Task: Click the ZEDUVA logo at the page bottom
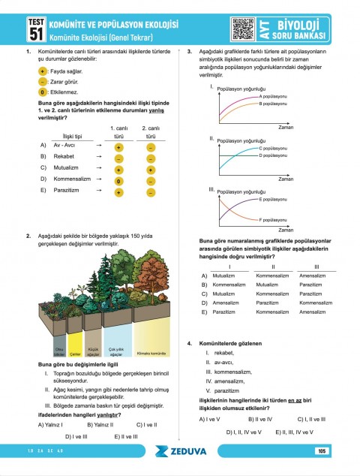tap(180, 452)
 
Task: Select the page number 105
tap(321, 451)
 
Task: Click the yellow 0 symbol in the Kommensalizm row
tap(119, 181)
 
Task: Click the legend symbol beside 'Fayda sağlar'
tap(42, 70)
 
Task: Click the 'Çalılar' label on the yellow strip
tap(75, 353)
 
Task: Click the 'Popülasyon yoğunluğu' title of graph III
tap(242, 192)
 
